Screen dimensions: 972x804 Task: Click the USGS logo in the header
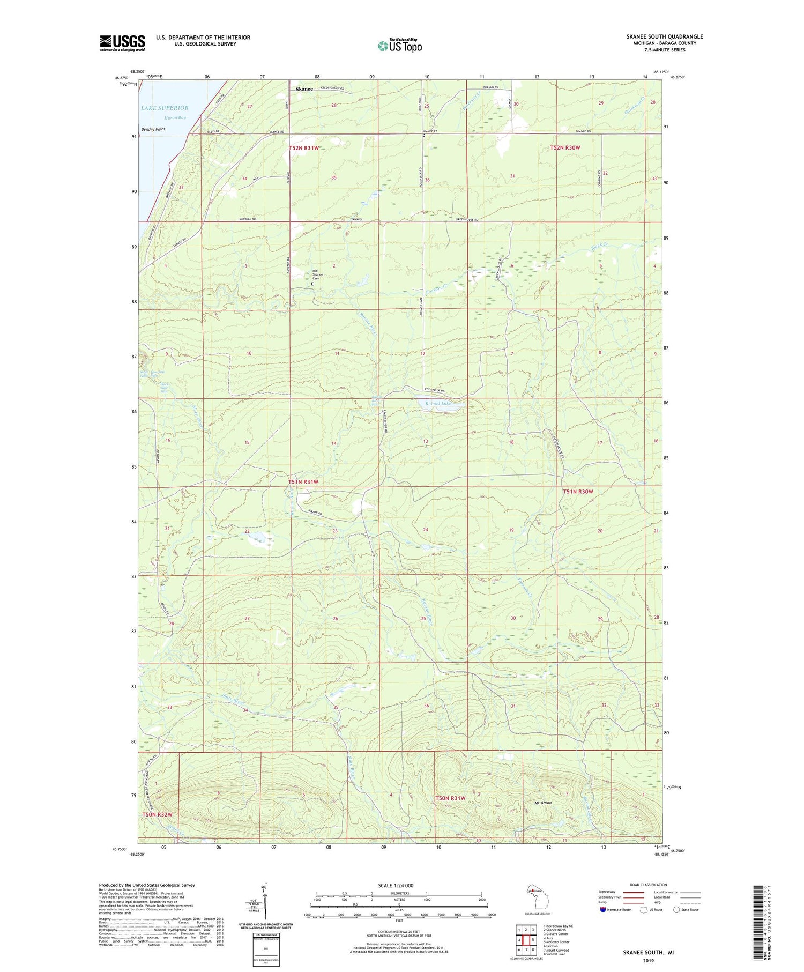click(122, 43)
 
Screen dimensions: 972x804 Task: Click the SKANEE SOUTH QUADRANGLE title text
click(665, 36)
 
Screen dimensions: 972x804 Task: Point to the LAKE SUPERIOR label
click(165, 108)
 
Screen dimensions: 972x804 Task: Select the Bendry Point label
click(153, 129)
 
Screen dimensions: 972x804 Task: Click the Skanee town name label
click(304, 89)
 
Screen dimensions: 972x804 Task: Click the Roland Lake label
click(440, 403)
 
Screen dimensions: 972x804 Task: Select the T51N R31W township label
click(303, 482)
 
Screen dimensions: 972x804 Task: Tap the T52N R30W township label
click(565, 147)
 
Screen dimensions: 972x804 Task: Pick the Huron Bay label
click(175, 117)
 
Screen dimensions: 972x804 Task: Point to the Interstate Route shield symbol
click(604, 909)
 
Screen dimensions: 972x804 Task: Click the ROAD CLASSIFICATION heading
click(649, 885)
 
